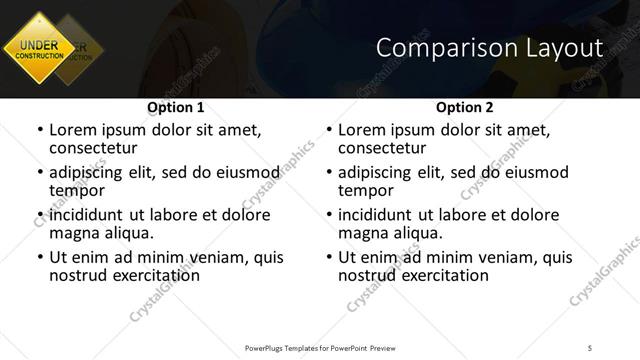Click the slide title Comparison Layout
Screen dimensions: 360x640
tap(491, 47)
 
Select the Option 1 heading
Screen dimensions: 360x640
tap(175, 106)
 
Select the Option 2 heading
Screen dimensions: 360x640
tap(464, 106)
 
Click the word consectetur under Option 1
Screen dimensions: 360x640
tap(92, 147)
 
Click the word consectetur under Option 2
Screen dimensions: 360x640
tap(381, 147)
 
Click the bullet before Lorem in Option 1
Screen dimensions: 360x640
tap(39, 131)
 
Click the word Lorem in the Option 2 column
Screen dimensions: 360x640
tap(362, 130)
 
